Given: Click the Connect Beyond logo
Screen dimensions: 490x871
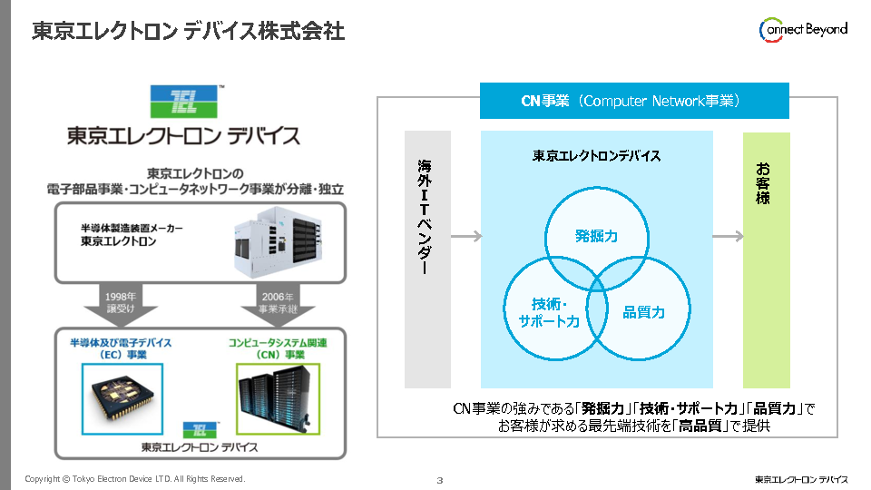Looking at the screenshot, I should (x=802, y=29).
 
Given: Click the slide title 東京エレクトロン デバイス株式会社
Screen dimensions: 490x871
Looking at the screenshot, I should (x=188, y=31).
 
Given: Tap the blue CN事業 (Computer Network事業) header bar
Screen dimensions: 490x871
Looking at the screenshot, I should (x=634, y=101).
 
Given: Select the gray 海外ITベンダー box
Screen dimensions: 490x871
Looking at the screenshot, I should (x=427, y=260).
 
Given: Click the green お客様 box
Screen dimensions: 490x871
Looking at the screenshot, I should (x=766, y=260).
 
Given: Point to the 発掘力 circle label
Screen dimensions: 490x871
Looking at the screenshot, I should (x=596, y=236).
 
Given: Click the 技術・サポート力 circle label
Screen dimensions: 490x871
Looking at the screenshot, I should (x=548, y=312).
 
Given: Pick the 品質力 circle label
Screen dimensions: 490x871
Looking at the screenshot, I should (x=643, y=312).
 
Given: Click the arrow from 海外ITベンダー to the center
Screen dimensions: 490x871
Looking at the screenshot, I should (x=465, y=237).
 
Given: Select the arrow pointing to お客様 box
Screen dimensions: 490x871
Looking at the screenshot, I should (x=728, y=237).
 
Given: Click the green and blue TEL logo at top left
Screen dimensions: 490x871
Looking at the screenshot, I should (x=183, y=102).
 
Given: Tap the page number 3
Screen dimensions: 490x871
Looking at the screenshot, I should (x=439, y=479).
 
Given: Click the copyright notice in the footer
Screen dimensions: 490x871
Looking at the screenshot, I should (x=135, y=478).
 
